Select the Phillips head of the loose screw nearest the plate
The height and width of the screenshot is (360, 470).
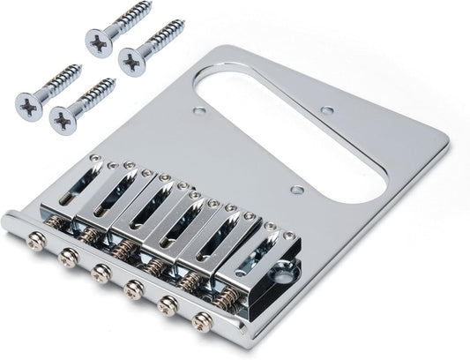pyautogui.click(x=132, y=62)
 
